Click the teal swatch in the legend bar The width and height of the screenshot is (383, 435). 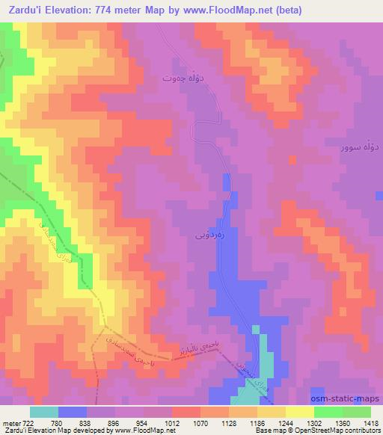(44, 412)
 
